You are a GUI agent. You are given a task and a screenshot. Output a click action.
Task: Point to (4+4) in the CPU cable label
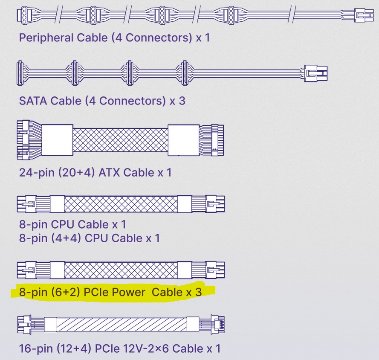point(69,238)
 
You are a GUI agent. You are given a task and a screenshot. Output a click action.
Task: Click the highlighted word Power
point(127,292)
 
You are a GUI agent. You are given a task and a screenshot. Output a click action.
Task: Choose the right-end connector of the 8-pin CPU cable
point(215,203)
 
